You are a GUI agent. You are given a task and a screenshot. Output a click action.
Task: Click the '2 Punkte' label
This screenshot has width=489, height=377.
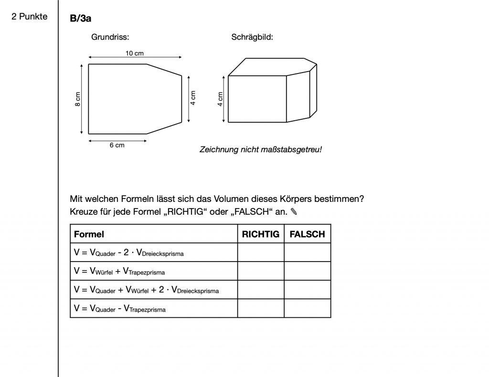[30, 17]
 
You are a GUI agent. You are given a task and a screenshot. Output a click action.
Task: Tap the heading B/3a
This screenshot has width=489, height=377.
[81, 18]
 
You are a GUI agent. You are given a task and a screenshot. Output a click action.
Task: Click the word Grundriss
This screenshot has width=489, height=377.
[110, 37]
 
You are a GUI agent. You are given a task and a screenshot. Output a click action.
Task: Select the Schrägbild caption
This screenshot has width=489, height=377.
[252, 37]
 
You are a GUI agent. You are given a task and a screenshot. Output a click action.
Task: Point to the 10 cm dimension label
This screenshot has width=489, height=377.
[135, 53]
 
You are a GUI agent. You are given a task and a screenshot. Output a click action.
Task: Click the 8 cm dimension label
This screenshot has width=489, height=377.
[78, 99]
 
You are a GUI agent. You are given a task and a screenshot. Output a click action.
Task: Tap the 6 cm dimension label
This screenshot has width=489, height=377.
[117, 145]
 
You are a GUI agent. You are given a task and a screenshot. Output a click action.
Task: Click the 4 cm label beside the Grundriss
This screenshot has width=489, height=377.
[193, 99]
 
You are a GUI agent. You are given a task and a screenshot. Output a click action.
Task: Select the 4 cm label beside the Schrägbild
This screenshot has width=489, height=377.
[220, 99]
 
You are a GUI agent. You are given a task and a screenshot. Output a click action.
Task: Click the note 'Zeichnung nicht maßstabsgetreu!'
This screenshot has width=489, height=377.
[261, 149]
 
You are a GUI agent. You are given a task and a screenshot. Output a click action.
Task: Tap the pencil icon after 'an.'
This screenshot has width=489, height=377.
[293, 211]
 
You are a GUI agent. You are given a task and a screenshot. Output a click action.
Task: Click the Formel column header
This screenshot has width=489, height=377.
[89, 234]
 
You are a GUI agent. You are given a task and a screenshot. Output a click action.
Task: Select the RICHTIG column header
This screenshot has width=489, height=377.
[260, 234]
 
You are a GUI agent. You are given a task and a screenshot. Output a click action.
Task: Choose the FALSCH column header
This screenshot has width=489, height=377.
[307, 234]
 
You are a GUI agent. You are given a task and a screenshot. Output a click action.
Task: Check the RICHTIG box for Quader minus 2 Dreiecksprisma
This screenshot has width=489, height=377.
[261, 252]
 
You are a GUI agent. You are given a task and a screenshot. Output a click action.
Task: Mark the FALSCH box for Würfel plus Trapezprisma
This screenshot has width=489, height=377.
[308, 271]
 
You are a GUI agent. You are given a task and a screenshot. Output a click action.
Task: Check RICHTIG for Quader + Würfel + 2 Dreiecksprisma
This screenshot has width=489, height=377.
[261, 290]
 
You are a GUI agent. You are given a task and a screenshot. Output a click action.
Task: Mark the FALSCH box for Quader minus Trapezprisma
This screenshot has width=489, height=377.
[308, 308]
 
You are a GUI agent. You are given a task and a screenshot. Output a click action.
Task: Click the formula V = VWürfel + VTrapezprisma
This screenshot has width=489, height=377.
[119, 271]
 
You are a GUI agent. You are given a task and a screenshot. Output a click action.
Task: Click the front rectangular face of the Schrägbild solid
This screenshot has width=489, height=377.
[257, 99]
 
